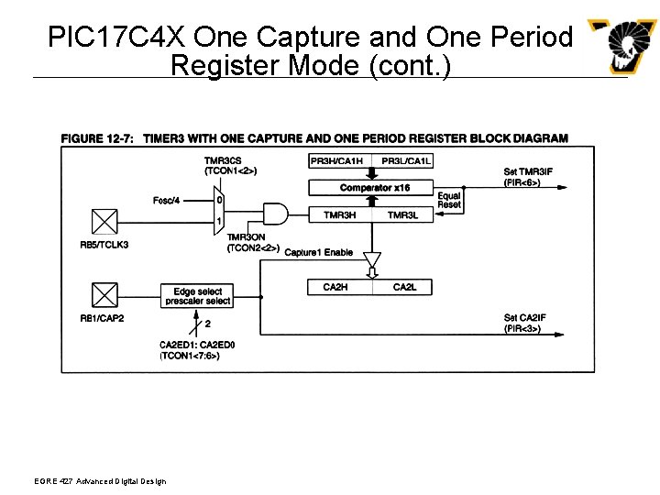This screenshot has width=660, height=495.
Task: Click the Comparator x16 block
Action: (x=374, y=188)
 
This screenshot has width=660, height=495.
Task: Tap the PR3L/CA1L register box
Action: (x=406, y=161)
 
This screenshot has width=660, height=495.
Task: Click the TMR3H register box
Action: (x=340, y=214)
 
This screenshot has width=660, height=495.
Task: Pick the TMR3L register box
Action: (x=404, y=214)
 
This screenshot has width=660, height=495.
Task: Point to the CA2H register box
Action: (x=337, y=287)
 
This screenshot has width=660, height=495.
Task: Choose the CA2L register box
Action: (x=404, y=287)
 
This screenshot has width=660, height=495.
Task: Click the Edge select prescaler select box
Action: (x=198, y=296)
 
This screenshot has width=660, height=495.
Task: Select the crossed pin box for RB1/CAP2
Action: (x=105, y=295)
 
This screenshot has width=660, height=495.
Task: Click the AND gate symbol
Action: (x=273, y=214)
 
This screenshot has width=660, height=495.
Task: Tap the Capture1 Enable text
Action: (x=318, y=252)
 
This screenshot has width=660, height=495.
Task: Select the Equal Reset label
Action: (x=449, y=200)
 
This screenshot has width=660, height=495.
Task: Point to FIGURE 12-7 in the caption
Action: (x=97, y=138)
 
